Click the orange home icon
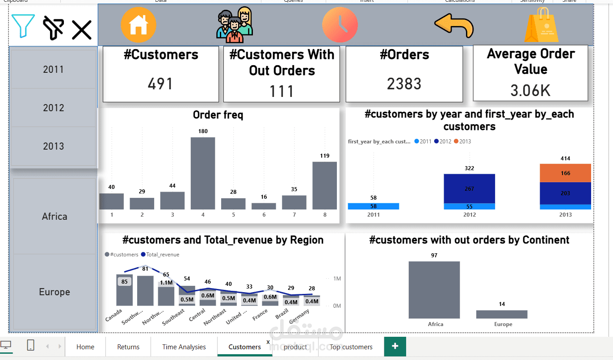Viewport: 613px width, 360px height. pyautogui.click(x=139, y=25)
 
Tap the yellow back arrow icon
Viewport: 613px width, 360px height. pyautogui.click(x=454, y=25)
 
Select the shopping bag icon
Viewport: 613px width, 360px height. pyautogui.click(x=542, y=25)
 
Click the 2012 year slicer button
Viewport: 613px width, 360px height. pyautogui.click(x=53, y=108)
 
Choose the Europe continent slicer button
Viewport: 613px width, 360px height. pyautogui.click(x=55, y=292)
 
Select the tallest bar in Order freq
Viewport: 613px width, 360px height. pyautogui.click(x=203, y=173)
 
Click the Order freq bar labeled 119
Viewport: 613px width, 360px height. pyautogui.click(x=324, y=185)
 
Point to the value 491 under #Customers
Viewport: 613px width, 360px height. pyautogui.click(x=160, y=84)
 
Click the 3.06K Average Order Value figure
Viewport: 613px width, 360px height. pyautogui.click(x=530, y=91)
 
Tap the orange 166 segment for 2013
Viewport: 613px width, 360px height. pyautogui.click(x=565, y=173)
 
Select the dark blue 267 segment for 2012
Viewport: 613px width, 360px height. pyautogui.click(x=469, y=188)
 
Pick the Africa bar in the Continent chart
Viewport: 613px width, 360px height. pyautogui.click(x=434, y=290)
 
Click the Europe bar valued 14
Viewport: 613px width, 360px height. pyautogui.click(x=502, y=314)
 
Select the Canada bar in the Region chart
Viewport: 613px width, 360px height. pyautogui.click(x=124, y=290)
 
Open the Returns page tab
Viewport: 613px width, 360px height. pyautogui.click(x=128, y=347)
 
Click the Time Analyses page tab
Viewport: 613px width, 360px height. pyautogui.click(x=184, y=347)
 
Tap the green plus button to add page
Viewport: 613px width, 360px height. pyautogui.click(x=395, y=347)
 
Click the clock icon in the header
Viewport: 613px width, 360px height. pyautogui.click(x=340, y=25)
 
